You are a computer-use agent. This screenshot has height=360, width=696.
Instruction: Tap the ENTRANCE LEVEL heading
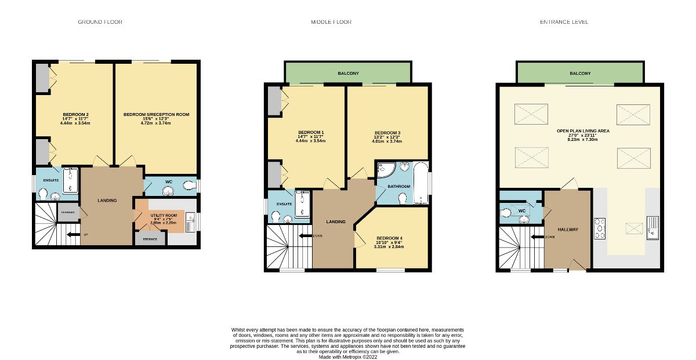tap(564, 22)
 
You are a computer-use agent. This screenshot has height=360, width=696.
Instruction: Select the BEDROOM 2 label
tap(75, 114)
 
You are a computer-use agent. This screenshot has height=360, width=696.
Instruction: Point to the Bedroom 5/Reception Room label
tap(156, 115)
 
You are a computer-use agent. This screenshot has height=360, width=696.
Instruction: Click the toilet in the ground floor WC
tap(187, 186)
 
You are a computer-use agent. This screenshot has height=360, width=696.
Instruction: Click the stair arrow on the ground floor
tap(72, 235)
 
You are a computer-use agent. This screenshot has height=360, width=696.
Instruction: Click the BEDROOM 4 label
tap(388, 238)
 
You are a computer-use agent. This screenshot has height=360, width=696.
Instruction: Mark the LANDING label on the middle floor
tap(336, 222)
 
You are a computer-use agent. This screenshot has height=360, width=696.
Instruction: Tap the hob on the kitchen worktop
tap(600, 227)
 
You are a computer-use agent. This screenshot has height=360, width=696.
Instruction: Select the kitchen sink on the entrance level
tap(653, 227)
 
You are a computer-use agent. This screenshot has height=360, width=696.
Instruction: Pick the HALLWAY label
tap(567, 230)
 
